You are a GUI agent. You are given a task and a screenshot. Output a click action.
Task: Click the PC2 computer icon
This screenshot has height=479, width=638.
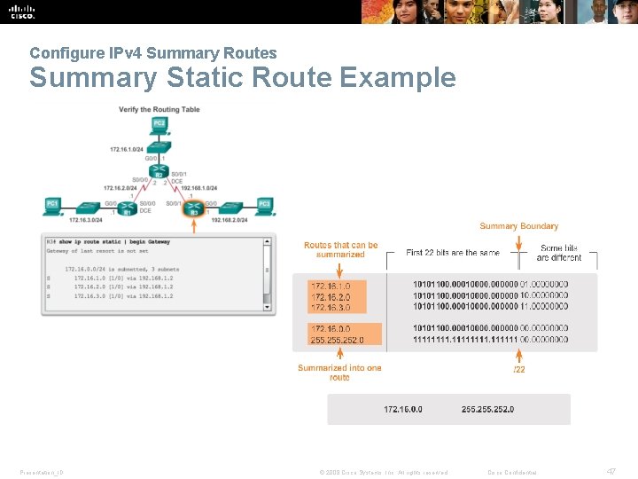[159, 124]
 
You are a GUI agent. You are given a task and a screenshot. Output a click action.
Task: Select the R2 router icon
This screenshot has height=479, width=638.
[159, 171]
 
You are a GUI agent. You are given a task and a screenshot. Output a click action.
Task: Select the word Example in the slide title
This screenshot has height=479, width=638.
[398, 78]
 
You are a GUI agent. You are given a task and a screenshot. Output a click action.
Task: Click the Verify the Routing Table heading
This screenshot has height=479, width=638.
[159, 109]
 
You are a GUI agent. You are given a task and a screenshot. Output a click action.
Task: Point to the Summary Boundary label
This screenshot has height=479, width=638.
[518, 226]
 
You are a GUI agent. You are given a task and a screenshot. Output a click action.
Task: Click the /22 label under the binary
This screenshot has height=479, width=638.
[519, 369]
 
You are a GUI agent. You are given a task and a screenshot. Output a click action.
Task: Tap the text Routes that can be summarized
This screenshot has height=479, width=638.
[340, 250]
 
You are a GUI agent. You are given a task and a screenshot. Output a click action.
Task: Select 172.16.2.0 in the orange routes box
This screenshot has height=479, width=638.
[331, 296]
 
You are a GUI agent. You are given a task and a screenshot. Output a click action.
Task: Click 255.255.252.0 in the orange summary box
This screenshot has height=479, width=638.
[336, 339]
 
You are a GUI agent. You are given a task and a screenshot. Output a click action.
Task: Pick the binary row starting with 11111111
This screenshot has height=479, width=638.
[490, 339]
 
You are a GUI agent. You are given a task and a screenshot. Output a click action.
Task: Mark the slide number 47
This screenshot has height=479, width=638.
[611, 471]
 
